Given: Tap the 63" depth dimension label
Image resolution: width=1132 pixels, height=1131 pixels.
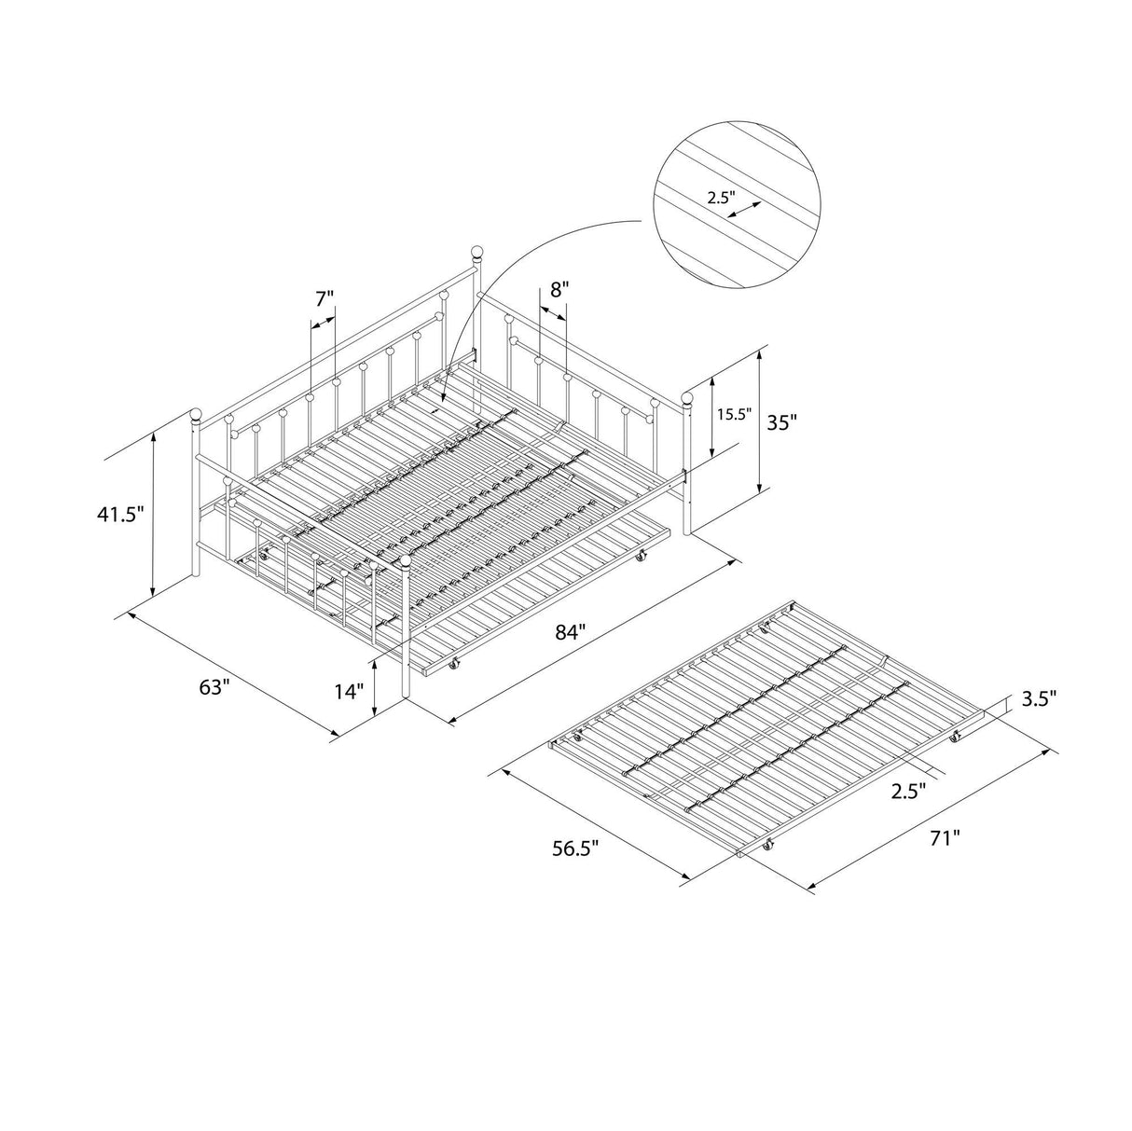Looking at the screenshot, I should (214, 687).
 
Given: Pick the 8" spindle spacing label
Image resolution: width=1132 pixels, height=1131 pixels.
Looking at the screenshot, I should (558, 289).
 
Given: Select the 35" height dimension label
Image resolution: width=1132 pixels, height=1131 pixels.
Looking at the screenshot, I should (780, 421).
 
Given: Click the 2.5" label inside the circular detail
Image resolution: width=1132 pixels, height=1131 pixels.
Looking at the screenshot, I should (720, 198).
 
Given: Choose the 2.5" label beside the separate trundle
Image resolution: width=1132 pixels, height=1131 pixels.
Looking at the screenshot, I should (907, 791).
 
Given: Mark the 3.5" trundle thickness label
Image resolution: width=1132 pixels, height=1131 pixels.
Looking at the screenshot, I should (1038, 697).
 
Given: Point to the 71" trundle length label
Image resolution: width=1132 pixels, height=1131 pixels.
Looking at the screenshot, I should (943, 838).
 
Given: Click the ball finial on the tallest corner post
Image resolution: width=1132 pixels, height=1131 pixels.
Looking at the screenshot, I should (476, 252).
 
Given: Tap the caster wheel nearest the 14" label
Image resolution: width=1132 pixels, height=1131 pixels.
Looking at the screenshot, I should (455, 664).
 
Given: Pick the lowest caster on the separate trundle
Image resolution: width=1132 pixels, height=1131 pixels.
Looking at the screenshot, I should (768, 846).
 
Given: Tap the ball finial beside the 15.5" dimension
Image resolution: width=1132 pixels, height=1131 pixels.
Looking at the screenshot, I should (688, 399).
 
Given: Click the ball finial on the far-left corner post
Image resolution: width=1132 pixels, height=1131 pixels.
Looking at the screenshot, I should (196, 414).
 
